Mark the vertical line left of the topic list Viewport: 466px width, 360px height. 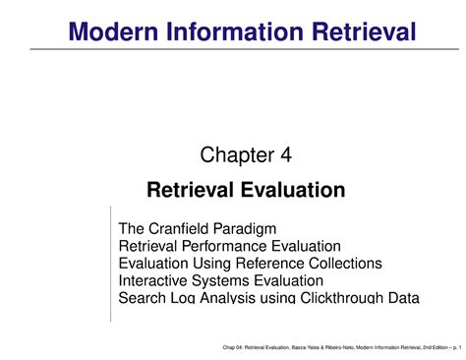pyautogui.click(x=111, y=266)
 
